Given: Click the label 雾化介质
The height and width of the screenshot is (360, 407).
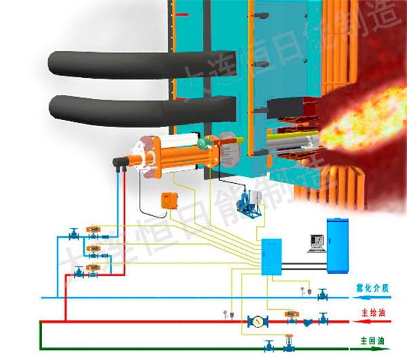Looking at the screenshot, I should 372,288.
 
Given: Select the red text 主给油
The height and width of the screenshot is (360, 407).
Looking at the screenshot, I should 372,314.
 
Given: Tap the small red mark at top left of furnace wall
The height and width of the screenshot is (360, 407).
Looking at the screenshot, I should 180,14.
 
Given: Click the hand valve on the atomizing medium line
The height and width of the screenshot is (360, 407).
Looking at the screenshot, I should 322,294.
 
